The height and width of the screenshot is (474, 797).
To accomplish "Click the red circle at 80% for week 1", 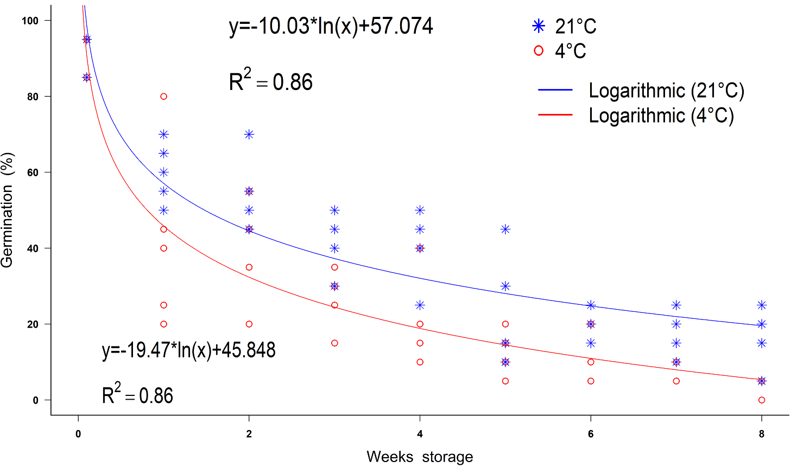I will [x=163, y=97].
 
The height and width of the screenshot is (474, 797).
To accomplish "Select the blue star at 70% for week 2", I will [x=249, y=134].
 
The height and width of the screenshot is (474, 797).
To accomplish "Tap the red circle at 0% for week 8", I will [x=762, y=400].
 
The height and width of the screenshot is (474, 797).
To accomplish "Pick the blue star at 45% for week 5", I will [x=505, y=229].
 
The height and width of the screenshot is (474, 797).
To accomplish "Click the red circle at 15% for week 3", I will [x=334, y=343].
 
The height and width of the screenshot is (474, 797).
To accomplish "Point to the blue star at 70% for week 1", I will [x=163, y=134].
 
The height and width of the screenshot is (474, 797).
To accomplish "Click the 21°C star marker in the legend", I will [x=539, y=26].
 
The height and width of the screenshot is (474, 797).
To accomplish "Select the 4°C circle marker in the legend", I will [x=539, y=51].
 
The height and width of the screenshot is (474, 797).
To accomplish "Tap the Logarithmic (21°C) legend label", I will [x=666, y=91].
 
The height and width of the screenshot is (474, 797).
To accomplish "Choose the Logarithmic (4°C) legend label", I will [x=661, y=116].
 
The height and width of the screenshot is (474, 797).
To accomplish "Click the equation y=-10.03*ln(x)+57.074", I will [x=331, y=26].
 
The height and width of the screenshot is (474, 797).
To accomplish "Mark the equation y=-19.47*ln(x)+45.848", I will [x=188, y=350].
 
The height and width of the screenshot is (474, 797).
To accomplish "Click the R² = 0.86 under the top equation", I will [x=270, y=81].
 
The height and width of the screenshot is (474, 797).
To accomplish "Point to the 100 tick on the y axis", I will [x=30, y=21].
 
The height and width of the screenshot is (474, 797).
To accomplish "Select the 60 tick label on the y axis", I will [x=33, y=172].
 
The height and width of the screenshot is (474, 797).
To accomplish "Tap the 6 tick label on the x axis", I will [x=591, y=434].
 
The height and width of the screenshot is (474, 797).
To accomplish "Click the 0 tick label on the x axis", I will [x=78, y=434].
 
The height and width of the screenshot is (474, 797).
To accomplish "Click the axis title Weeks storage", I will [x=419, y=457].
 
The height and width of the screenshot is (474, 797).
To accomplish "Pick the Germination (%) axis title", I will [x=7, y=210].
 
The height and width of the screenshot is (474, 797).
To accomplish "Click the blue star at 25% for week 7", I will [x=676, y=305].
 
